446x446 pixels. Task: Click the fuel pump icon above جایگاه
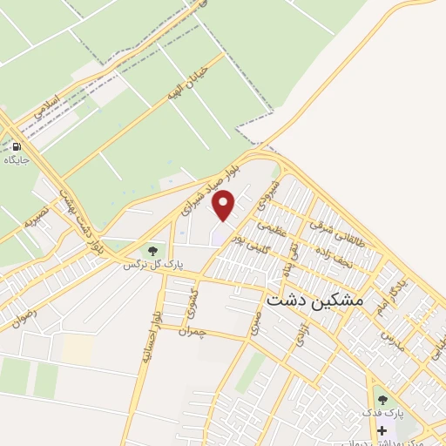tap(17, 146)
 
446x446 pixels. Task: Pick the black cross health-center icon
tap(382, 429)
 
